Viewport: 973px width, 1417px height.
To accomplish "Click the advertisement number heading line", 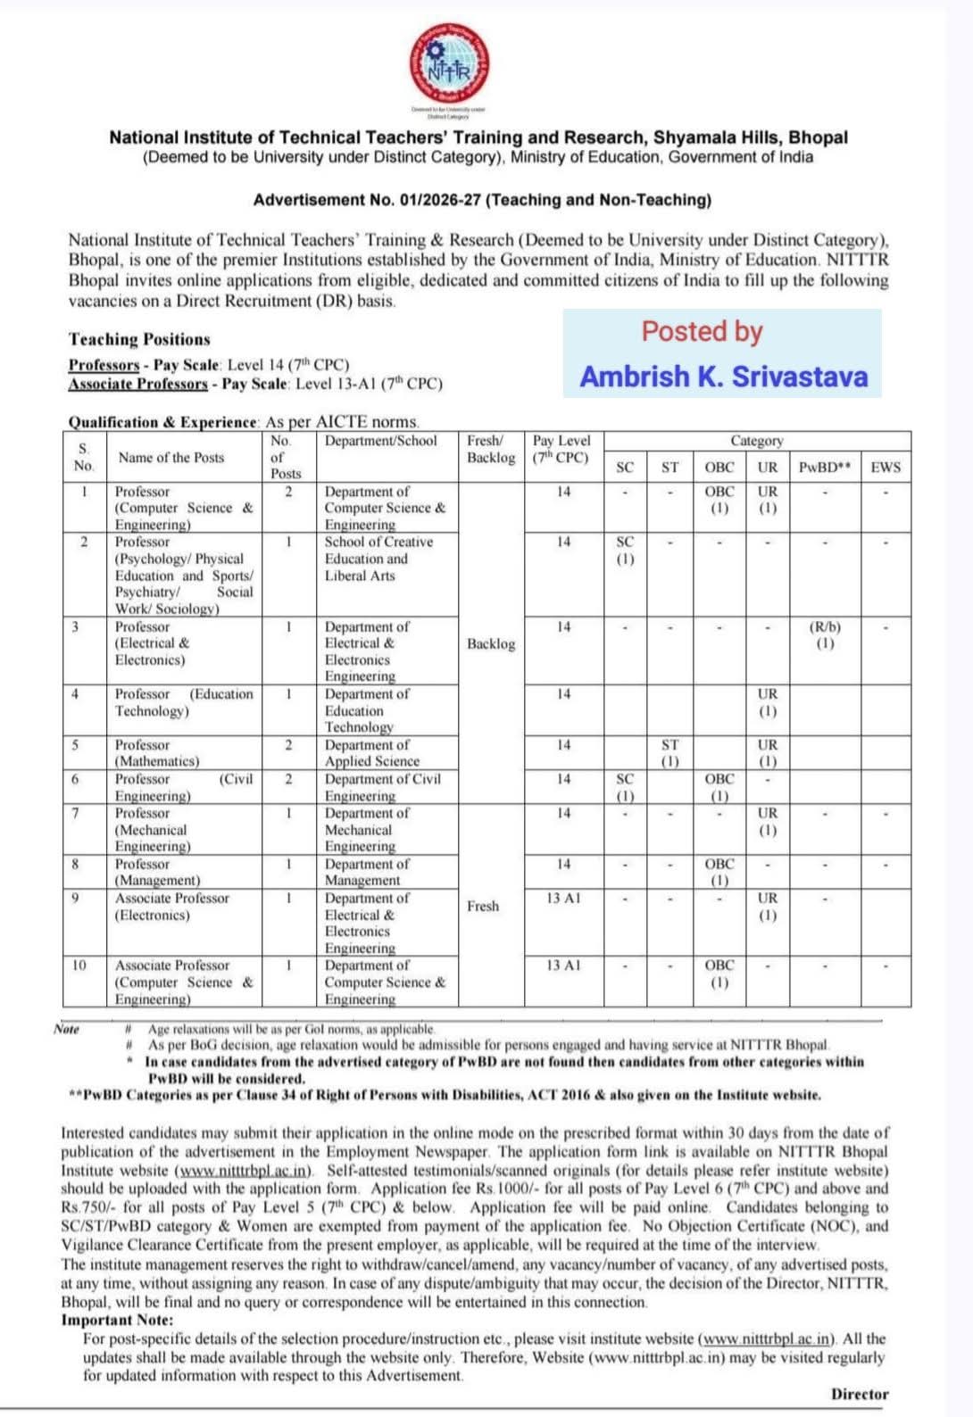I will (x=482, y=200).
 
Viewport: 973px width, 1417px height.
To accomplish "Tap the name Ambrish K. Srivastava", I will (x=723, y=376).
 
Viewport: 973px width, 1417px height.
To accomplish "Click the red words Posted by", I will (x=702, y=331).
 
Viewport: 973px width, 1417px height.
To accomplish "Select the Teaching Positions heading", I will (x=139, y=339).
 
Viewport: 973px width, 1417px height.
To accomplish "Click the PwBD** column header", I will (x=824, y=467).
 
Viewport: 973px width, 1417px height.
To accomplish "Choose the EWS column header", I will (x=886, y=467).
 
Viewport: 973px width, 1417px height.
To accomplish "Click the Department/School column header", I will (x=381, y=441).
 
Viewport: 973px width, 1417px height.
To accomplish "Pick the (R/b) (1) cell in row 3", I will (x=825, y=634).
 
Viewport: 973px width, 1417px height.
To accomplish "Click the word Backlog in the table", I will (x=491, y=643).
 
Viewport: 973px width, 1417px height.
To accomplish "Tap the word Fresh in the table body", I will (x=483, y=906).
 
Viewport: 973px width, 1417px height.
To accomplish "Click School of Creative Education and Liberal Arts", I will (x=378, y=559).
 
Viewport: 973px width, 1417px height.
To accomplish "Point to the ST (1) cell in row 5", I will (x=669, y=752).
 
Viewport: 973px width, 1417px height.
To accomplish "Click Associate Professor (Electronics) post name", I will (x=171, y=907).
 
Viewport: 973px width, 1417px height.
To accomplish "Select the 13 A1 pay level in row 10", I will (x=563, y=965).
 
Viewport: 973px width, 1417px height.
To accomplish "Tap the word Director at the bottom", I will (x=860, y=1394).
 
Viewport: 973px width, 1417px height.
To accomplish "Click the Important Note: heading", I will (x=117, y=1320).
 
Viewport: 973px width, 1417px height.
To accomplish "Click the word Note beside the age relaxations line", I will (x=66, y=1029).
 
